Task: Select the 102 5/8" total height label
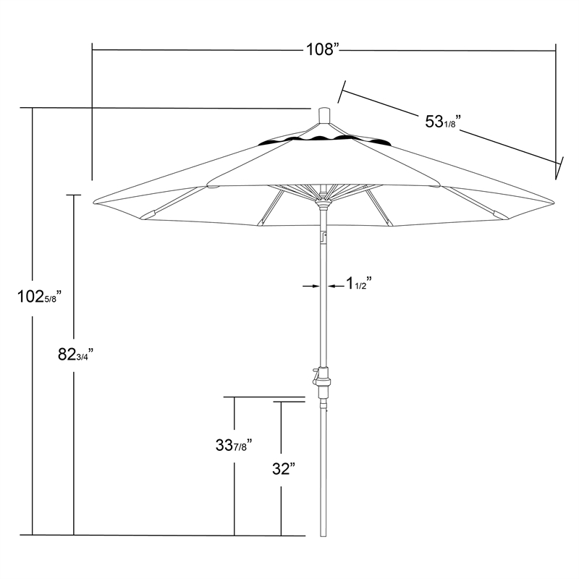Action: pos(43,296)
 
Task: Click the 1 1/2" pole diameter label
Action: pos(358,285)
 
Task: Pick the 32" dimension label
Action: pos(281,469)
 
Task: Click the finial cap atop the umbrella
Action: pos(324,117)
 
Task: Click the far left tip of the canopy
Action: pos(94,200)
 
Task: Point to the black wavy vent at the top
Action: pos(324,139)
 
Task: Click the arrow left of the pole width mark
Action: pos(311,287)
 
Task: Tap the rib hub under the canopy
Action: pos(324,195)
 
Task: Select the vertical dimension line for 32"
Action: pos(281,507)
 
